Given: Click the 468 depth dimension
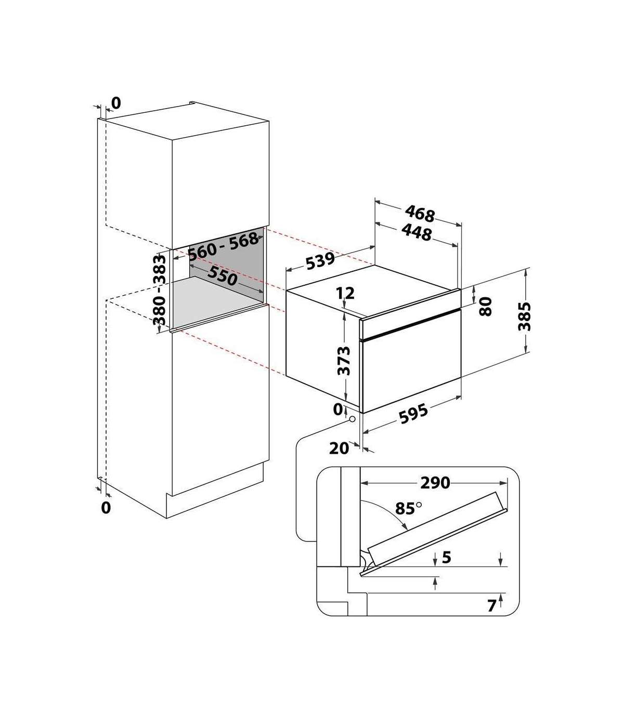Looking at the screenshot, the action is tap(420, 214).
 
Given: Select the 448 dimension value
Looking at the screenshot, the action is tap(417, 232).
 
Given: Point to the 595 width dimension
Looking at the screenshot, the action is tap(413, 414).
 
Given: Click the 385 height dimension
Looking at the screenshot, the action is tap(524, 316).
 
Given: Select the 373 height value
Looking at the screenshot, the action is tap(344, 360).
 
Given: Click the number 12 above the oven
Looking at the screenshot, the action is tap(345, 293).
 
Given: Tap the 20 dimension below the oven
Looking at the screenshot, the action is tap(339, 448).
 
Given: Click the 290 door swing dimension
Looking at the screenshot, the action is tap(435, 483).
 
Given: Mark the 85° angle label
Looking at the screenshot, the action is tap(408, 509).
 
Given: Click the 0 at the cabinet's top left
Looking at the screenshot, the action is tap(116, 103).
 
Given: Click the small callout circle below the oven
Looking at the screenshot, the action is tap(353, 419).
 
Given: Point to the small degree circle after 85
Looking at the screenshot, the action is tap(419, 504).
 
